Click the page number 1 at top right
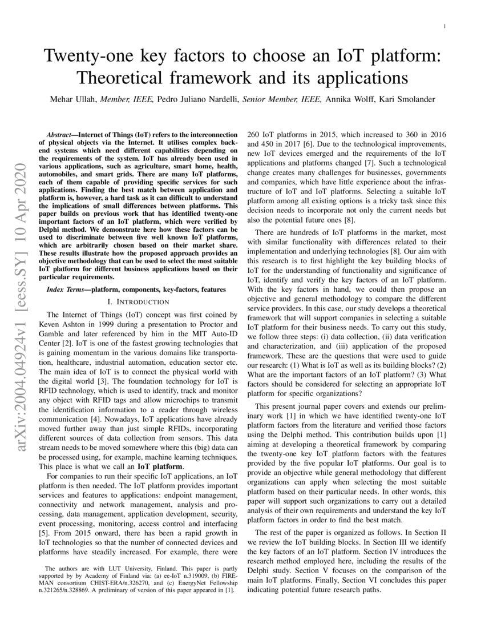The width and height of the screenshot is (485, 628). pos(444,27)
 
